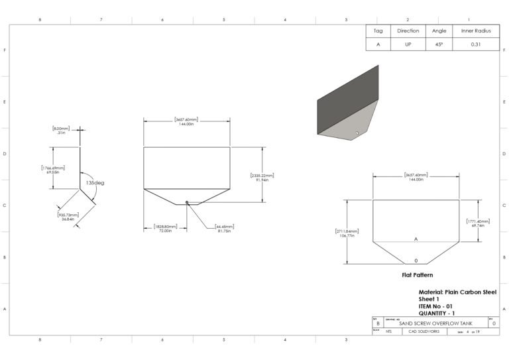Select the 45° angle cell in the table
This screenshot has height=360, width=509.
coord(439,44)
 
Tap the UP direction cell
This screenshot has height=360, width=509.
coord(408,44)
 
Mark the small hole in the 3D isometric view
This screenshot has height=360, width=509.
coord(357,133)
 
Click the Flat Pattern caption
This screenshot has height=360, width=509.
coord(418,273)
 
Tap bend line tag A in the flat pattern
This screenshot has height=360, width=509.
coord(416,239)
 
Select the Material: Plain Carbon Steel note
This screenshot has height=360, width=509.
coord(457,292)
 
